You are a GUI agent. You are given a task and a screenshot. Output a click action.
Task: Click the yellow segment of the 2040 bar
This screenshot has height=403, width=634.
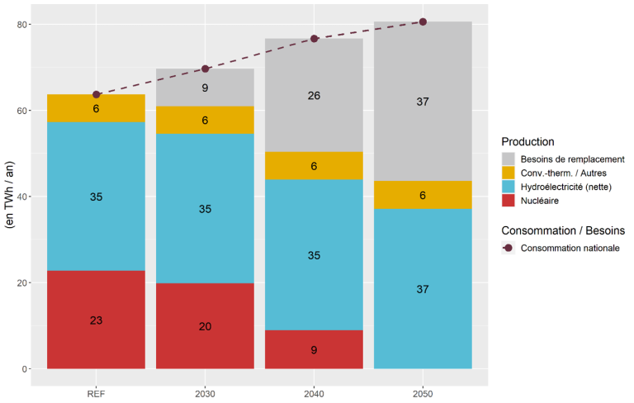coord(314,166)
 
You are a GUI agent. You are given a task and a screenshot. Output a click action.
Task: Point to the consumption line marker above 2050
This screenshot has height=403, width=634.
coord(423,21)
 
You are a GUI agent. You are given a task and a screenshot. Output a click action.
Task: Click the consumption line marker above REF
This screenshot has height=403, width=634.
coord(96,94)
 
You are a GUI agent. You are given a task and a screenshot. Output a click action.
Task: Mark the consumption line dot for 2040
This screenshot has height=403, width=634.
coord(314,39)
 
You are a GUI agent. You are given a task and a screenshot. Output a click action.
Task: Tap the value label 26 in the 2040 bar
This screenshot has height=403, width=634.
coord(314,96)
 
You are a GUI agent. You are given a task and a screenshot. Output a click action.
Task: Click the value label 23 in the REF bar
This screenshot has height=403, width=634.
coord(96,320)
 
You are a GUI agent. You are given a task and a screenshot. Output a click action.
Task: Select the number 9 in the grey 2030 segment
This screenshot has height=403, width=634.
coord(205,88)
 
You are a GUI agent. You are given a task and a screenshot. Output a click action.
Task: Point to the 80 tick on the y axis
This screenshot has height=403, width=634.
coord(25,25)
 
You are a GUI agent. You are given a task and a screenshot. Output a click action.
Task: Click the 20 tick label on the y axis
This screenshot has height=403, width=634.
coord(25,283)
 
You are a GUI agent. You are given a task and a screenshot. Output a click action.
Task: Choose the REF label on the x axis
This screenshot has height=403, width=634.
coord(96,394)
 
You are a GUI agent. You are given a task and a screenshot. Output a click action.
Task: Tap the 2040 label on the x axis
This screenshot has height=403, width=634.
coord(314,394)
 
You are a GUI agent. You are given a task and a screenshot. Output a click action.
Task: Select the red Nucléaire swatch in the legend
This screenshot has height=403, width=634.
coord(509,201)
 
